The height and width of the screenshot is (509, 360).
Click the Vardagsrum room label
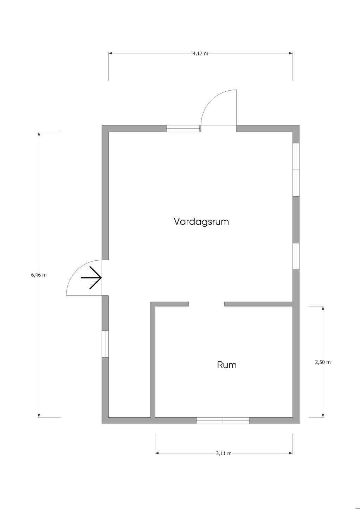click(x=201, y=222)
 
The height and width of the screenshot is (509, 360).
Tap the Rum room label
click(x=227, y=365)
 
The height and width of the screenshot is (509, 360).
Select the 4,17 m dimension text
click(x=200, y=53)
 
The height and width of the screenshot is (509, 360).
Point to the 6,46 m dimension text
click(x=39, y=275)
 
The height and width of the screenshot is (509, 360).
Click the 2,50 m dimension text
click(x=323, y=362)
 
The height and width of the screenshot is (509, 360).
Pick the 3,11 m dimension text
click(x=224, y=453)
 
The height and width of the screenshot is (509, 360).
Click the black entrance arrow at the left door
click(x=91, y=278)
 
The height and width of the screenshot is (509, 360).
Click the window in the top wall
click(x=183, y=129)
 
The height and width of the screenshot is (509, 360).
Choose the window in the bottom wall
click(x=223, y=420)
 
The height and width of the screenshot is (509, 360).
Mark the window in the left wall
click(x=105, y=344)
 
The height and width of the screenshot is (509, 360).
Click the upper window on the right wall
click(x=296, y=170)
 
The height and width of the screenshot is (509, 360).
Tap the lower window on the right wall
click(x=296, y=256)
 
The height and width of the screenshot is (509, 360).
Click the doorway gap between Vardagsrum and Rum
click(x=207, y=304)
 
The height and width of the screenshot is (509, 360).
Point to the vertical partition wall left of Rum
click(x=153, y=360)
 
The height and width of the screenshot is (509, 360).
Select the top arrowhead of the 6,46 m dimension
click(x=39, y=134)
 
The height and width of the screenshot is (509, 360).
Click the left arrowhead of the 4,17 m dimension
click(x=110, y=53)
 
